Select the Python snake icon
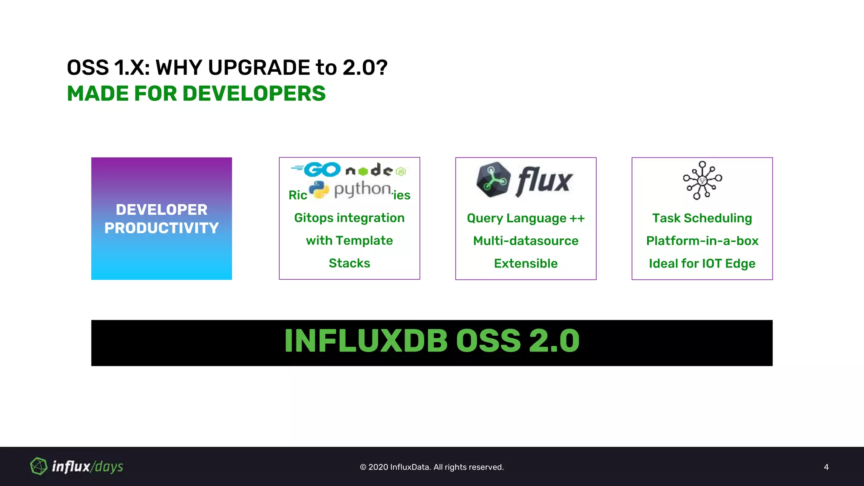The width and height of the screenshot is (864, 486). (x=319, y=190)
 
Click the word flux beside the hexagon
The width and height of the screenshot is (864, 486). (x=544, y=181)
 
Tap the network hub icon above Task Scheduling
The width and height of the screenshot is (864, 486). (x=702, y=180)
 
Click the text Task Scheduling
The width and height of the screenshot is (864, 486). (x=702, y=218)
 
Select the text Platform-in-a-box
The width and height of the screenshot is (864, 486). (x=702, y=241)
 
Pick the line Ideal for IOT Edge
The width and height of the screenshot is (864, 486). (x=702, y=264)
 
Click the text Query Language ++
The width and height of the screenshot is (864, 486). (x=526, y=218)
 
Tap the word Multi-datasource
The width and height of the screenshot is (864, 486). (x=526, y=241)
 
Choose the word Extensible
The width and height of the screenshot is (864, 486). (x=526, y=264)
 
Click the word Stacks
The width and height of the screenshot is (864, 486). (x=349, y=263)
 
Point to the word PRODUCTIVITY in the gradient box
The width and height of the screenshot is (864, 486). (x=162, y=228)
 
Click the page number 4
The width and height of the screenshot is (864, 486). (x=826, y=467)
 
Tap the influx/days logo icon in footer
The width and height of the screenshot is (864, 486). (x=38, y=466)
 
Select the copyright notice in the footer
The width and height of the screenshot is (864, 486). (x=432, y=467)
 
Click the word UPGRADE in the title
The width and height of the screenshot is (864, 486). (x=259, y=67)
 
